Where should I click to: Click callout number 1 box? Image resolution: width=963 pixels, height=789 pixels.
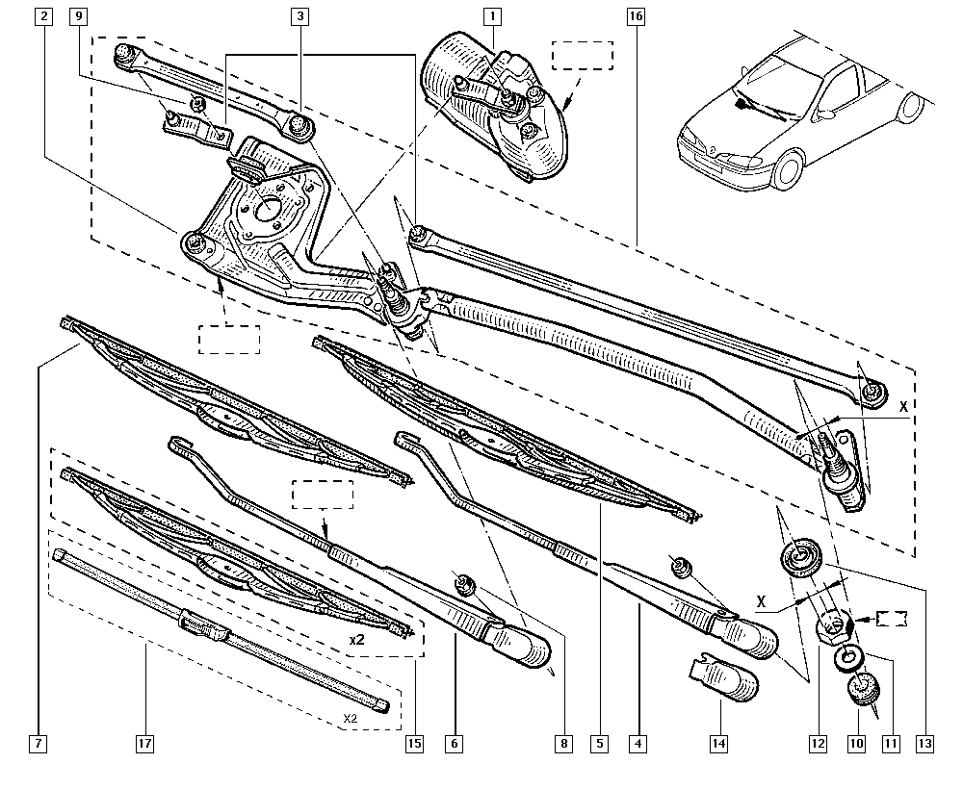click(492, 16)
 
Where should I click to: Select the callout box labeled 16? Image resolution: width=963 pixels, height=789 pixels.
click(636, 16)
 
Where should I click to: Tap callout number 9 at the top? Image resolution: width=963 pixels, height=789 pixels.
click(77, 16)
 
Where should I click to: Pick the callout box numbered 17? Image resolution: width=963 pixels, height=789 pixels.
click(145, 744)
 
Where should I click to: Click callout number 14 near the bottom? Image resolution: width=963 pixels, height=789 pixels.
click(718, 744)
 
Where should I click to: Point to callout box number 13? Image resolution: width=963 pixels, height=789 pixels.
click(924, 744)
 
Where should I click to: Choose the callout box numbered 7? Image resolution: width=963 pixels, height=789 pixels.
click(39, 744)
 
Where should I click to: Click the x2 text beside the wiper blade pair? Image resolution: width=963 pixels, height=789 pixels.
click(357, 640)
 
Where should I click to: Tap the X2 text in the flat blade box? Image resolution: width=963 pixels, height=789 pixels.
click(350, 718)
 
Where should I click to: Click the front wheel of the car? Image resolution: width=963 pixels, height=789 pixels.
click(789, 167)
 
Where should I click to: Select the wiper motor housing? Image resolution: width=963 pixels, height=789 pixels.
click(495, 108)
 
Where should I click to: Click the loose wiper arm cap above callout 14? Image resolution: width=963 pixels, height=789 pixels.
click(722, 677)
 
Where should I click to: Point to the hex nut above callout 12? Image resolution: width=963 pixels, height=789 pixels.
click(833, 625)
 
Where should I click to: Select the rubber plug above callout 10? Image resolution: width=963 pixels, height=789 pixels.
click(863, 688)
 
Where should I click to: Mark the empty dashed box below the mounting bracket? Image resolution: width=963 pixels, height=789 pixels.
click(229, 340)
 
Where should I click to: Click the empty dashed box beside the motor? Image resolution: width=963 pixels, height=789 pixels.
click(583, 55)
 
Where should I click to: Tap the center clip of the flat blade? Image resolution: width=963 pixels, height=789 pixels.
click(202, 625)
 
